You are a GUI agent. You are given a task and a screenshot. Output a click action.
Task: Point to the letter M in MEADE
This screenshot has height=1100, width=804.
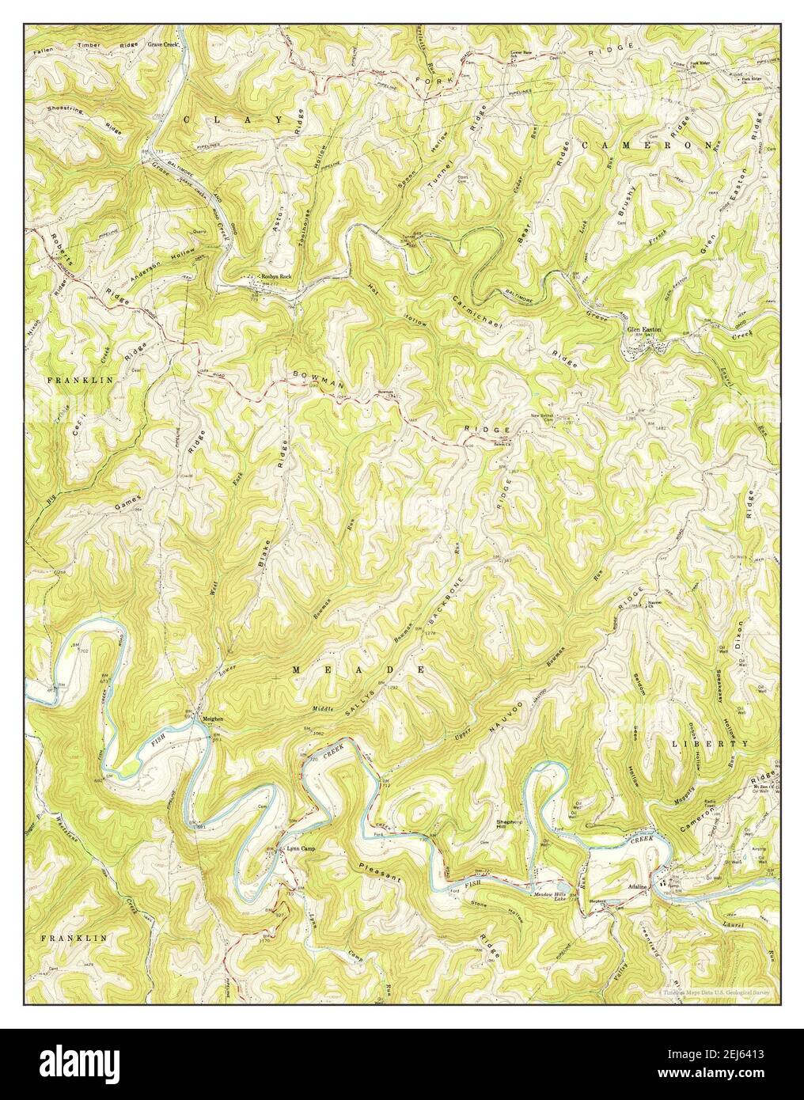coord(297,669)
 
